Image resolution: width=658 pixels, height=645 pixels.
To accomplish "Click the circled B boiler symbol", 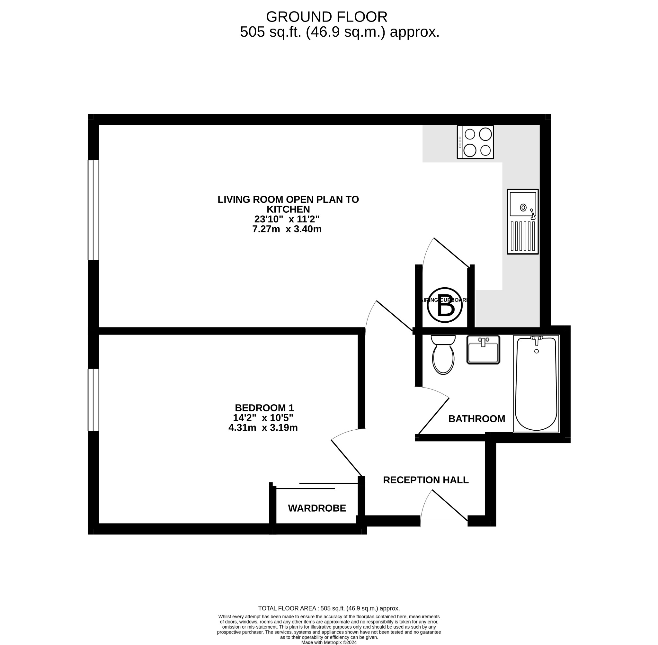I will point(444,305).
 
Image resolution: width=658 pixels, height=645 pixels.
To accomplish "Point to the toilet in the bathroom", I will point(443,355).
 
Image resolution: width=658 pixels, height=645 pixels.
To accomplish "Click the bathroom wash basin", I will point(483,350).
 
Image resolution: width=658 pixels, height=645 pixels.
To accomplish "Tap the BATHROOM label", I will point(476,419).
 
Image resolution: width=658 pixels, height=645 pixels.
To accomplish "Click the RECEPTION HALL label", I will point(425,480).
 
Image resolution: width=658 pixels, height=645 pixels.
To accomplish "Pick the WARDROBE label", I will point(317,508).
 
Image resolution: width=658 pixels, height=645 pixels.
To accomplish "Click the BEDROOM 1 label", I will point(264,408).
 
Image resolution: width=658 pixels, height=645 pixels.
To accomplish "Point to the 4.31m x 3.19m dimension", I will point(263,428).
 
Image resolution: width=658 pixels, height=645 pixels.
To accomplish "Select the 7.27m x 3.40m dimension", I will point(287,229).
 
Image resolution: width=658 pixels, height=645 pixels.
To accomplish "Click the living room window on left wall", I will point(93,210).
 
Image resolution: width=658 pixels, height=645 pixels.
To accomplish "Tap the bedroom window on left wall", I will point(93,400).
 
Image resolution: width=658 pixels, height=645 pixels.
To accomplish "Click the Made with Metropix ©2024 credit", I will point(328,642).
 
